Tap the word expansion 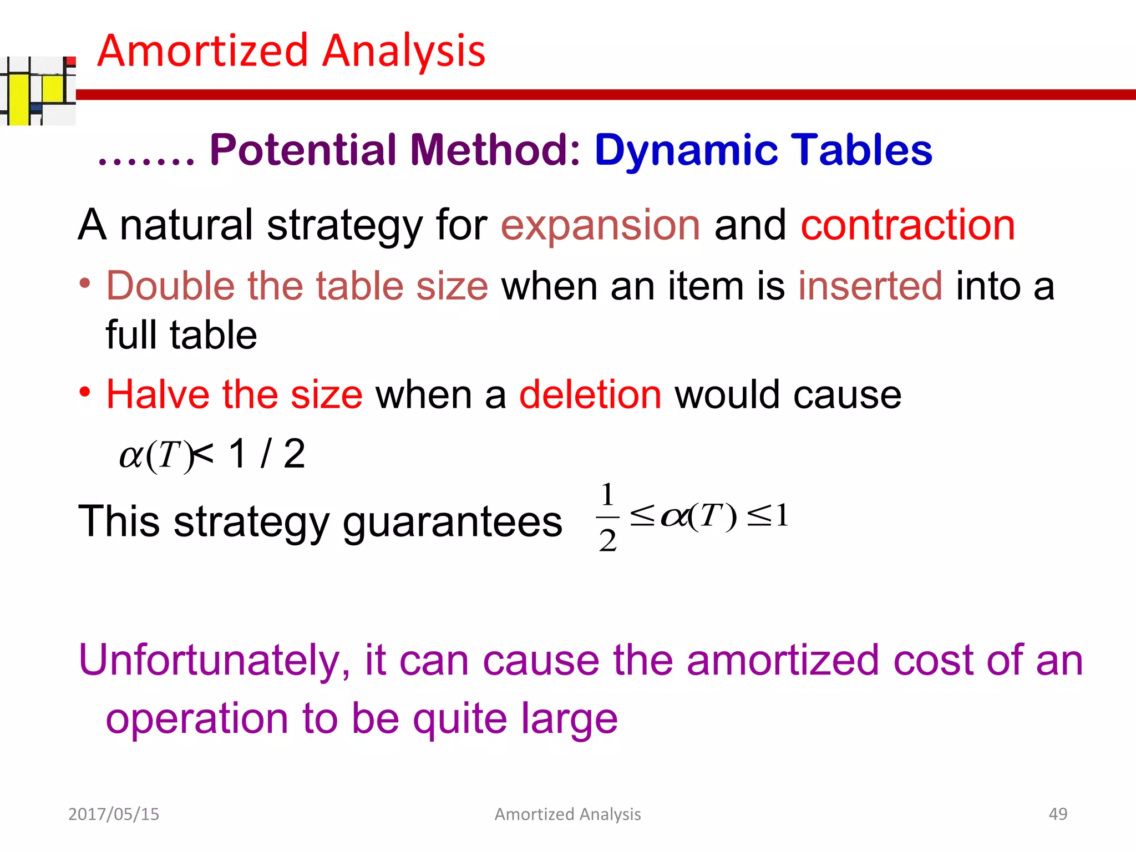click(x=600, y=225)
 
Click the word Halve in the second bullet click(x=156, y=394)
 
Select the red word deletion click(x=590, y=394)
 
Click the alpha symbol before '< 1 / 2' click(x=131, y=456)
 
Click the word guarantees click(x=452, y=522)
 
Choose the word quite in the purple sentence click(x=460, y=719)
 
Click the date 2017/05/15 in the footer click(x=114, y=814)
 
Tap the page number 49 click(x=1058, y=814)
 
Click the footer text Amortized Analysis click(x=567, y=814)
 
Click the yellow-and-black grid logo click(x=38, y=90)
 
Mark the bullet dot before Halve click(x=84, y=392)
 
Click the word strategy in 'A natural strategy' click(x=344, y=225)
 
